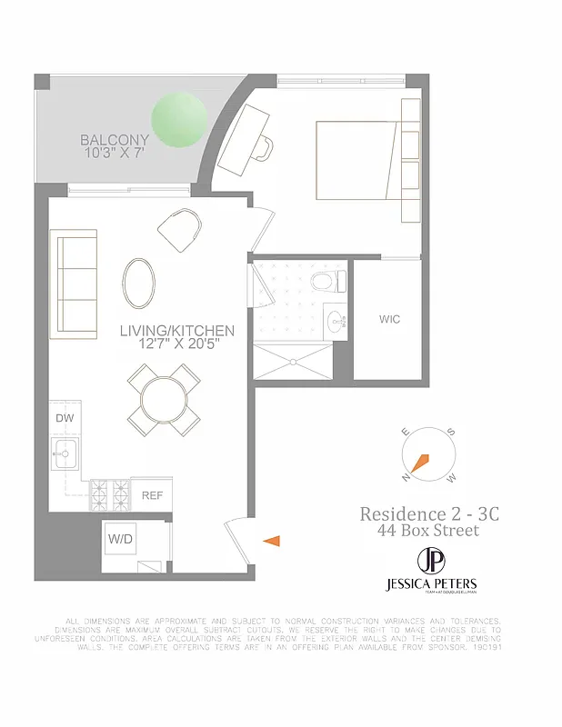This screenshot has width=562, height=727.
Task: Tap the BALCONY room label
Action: click(x=115, y=140)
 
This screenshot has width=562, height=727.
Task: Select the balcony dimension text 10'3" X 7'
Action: click(x=115, y=154)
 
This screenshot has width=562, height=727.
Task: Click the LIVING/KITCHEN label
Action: click(x=177, y=332)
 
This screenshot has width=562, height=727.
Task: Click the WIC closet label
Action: click(x=389, y=320)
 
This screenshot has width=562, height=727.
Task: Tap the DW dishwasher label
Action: click(x=65, y=418)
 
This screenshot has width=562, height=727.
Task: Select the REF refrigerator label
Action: click(x=151, y=496)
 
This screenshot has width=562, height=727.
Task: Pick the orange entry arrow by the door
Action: click(x=272, y=542)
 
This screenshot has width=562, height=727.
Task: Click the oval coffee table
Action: click(x=139, y=282)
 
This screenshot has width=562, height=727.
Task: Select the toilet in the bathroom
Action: click(x=324, y=281)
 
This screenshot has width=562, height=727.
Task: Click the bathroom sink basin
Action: click(x=337, y=320)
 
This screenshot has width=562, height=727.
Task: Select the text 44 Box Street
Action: click(x=428, y=531)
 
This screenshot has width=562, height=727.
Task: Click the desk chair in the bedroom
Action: click(x=264, y=145)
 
